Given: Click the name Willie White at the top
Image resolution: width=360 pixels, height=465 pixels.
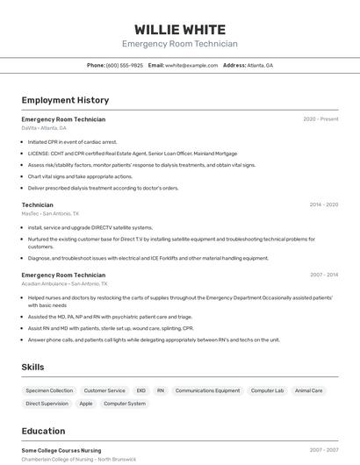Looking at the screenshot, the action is [179, 29].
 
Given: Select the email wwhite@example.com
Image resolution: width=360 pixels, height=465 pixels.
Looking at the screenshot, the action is [191, 65].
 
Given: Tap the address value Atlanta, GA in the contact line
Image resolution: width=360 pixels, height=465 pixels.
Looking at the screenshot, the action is [260, 65].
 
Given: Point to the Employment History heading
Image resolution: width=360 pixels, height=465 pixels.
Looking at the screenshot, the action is [65, 100].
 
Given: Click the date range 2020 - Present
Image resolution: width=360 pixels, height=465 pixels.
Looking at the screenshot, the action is [320, 119].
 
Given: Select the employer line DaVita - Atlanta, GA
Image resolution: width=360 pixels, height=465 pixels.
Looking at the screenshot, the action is [44, 128].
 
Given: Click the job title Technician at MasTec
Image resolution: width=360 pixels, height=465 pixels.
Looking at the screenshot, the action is [37, 204].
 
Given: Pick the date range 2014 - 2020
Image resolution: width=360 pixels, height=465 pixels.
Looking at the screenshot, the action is [323, 204].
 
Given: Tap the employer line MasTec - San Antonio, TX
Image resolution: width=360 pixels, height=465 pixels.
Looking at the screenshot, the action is [50, 213].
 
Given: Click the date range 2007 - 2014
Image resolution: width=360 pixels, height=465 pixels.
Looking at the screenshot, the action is [323, 275].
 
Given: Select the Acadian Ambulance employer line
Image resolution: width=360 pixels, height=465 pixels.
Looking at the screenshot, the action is [64, 284].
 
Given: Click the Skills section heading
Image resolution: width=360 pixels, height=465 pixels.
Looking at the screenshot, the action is [32, 367].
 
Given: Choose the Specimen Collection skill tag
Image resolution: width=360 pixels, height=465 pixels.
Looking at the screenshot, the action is [49, 390].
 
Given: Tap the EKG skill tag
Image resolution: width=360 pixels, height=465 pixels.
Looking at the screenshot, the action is [140, 390].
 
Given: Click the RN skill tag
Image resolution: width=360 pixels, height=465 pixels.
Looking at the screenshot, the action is [161, 390].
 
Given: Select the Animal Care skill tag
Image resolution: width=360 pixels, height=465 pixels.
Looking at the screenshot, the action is [308, 390].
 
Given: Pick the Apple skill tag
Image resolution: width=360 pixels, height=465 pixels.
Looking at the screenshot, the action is [86, 404].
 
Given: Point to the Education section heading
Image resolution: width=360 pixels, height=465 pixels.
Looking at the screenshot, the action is [43, 431].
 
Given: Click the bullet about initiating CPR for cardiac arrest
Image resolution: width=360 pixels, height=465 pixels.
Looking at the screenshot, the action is [72, 141].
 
